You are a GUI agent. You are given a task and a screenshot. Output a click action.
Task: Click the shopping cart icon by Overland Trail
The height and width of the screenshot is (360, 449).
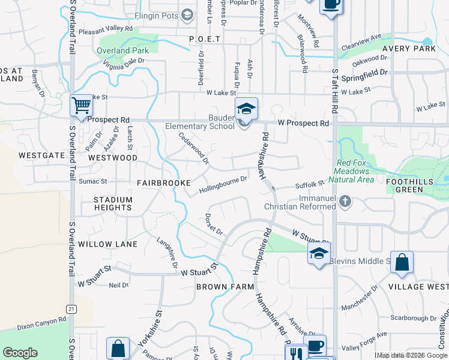coord(81,106)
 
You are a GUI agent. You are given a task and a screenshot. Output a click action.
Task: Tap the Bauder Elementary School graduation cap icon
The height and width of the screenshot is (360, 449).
coord(246,109)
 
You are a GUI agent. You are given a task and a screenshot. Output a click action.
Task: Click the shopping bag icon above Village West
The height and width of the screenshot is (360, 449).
coord(402,262)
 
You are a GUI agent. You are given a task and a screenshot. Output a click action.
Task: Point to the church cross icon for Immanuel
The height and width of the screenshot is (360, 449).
coord(345,201)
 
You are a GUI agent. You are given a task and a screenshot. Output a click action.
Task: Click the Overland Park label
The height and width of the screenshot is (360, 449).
coord(122,51)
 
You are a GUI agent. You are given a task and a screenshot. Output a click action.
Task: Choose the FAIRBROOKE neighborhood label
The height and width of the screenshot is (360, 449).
coord(163,182)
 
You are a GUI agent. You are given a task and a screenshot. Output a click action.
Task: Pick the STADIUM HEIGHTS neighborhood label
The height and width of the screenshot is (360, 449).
coord(113,203)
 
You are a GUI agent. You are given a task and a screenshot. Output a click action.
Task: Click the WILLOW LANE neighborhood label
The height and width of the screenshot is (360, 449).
coord(107,245)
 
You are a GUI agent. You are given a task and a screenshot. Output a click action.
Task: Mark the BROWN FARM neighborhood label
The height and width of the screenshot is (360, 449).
coord(225,287)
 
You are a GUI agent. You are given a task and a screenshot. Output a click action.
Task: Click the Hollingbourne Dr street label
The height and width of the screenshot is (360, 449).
coord(223,185)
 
